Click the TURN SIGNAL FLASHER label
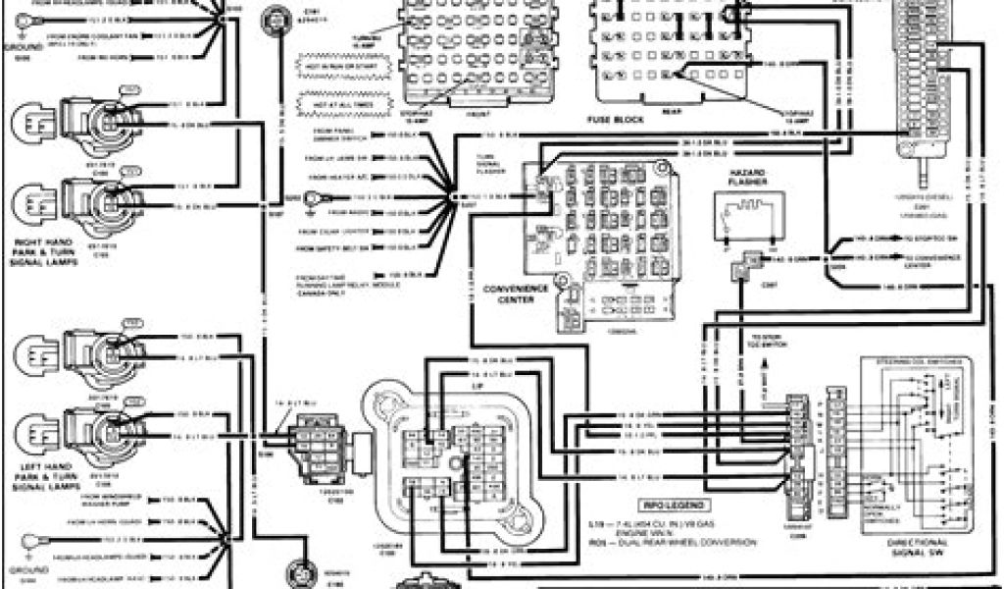pos(487,162)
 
